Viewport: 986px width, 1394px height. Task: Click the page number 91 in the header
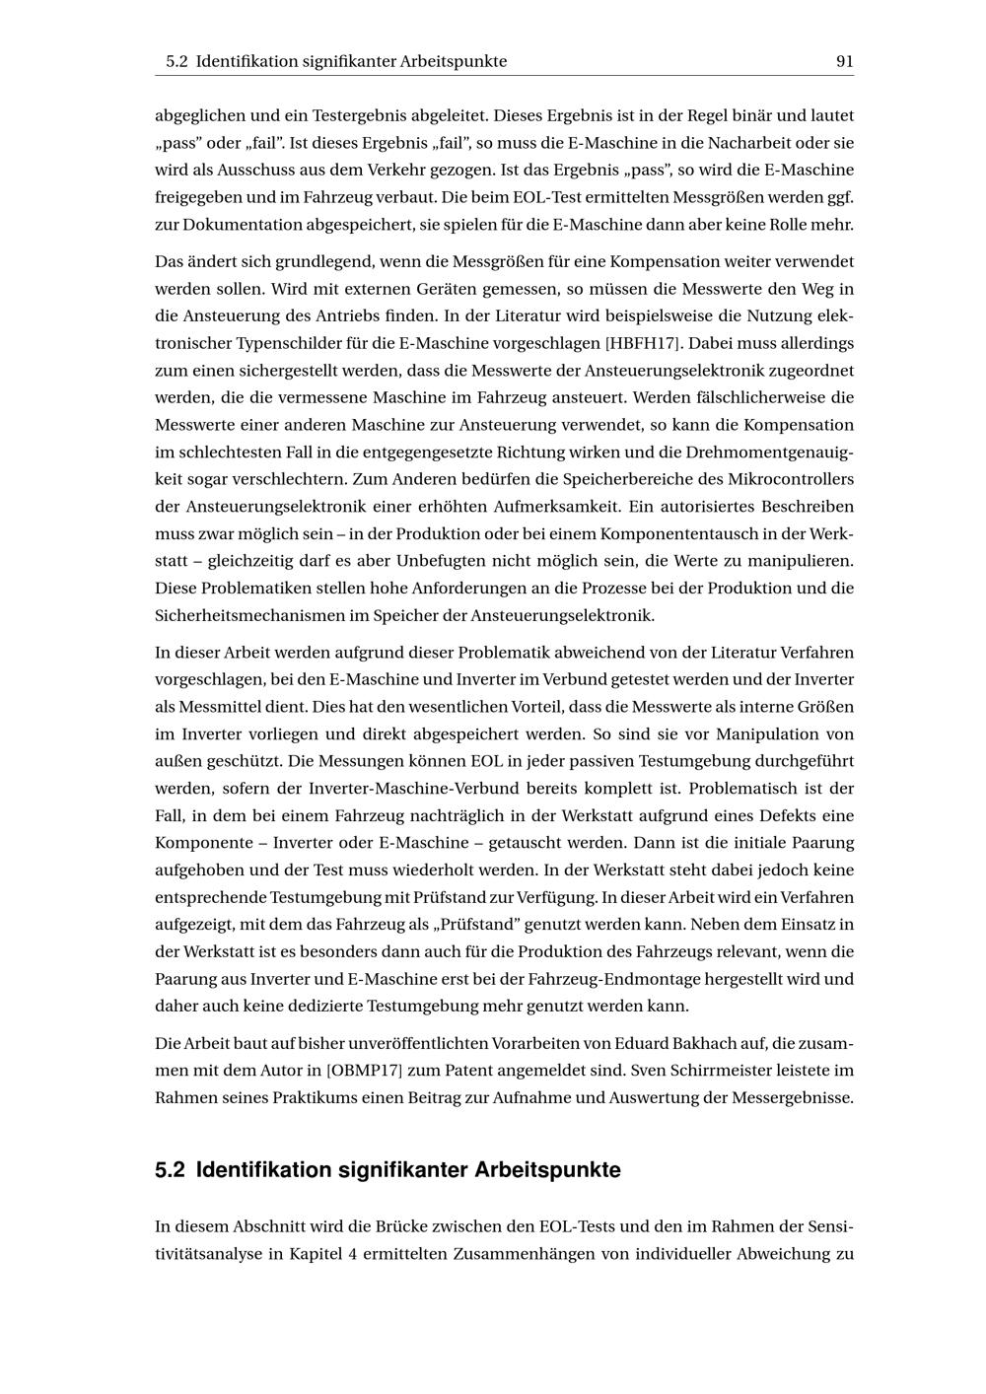pos(844,61)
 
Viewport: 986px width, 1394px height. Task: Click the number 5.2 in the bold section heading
pos(170,1170)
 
